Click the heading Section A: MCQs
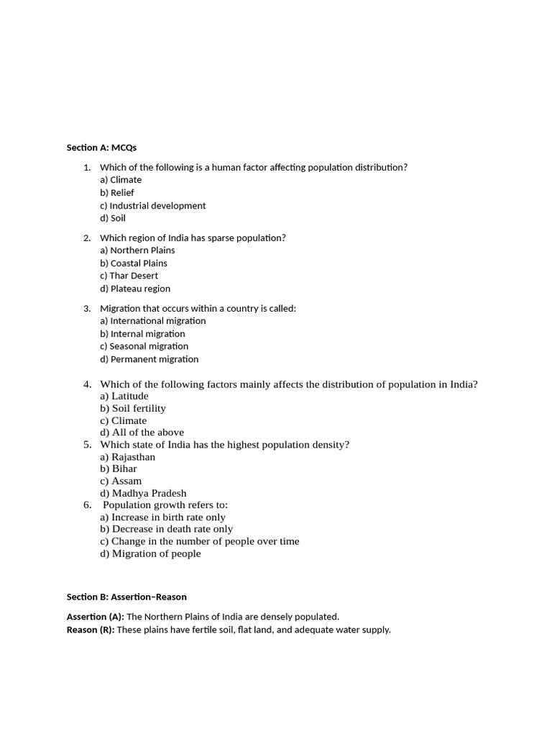pos(101,148)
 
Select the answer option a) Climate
pos(121,180)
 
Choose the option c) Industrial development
pos(152,206)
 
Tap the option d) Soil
pos(113,218)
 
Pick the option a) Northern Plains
pos(137,250)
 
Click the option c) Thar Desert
pos(129,276)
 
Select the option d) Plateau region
pos(135,289)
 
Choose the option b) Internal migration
pos(142,334)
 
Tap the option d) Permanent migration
pos(149,359)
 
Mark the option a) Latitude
pos(124,396)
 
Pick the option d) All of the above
pos(142,433)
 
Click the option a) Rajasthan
pos(127,457)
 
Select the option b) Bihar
pos(119,469)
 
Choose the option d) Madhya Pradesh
pos(143,494)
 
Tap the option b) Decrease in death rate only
pos(166,529)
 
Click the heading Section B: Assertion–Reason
pos(126,597)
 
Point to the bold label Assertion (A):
pos(96,617)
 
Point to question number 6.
pos(87,505)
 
